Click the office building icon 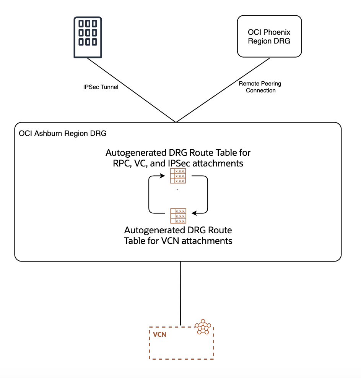[x=88, y=37]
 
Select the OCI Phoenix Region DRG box [x=269, y=36]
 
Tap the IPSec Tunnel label [x=101, y=87]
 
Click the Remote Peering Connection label [x=260, y=87]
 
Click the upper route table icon [x=178, y=176]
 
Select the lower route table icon [x=178, y=216]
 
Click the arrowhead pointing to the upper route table [x=167, y=176]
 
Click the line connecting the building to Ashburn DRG [x=132, y=90]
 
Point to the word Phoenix [x=276, y=32]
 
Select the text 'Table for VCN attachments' [x=178, y=241]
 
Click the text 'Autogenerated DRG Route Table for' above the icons [x=178, y=153]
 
